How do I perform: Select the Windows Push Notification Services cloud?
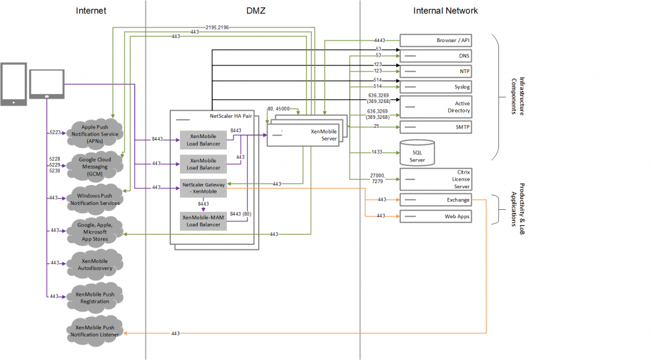click(94, 198)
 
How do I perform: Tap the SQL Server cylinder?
click(416, 152)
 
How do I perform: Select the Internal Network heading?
click(445, 11)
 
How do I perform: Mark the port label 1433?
click(377, 153)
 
